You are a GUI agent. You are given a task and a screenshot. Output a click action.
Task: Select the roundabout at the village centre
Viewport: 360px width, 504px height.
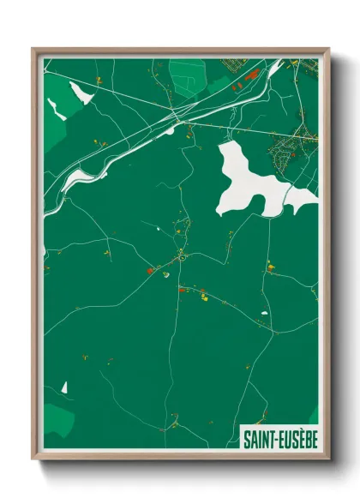point(182,255)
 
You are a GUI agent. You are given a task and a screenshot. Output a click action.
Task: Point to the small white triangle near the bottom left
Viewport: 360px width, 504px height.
point(64,387)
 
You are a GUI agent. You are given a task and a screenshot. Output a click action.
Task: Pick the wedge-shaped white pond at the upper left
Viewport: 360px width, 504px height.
point(80,92)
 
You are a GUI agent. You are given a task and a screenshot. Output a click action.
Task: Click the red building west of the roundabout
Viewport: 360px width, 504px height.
point(148,270)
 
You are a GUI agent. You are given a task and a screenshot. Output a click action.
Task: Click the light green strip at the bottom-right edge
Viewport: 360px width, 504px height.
point(314,415)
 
